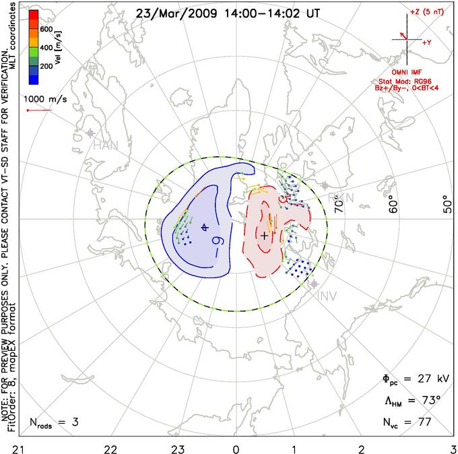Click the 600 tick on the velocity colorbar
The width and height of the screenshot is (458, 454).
46,30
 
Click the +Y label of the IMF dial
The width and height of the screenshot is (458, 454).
426,42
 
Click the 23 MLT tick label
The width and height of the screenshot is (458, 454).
178,448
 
